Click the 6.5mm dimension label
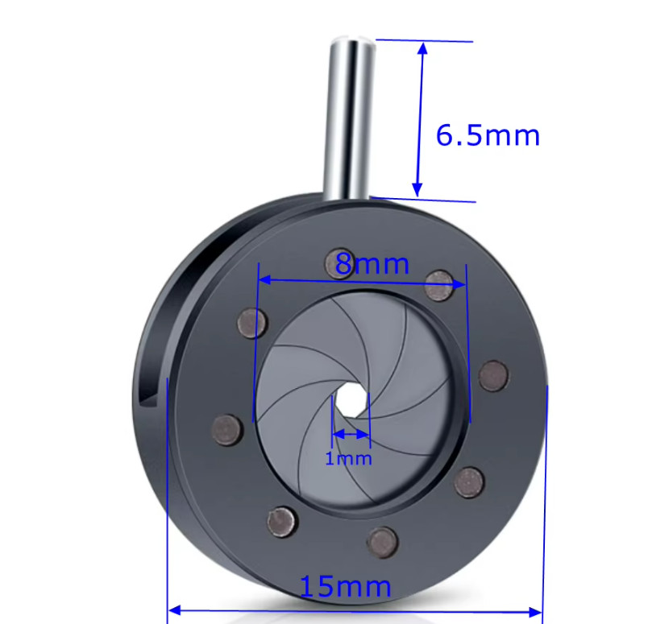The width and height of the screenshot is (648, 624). click(x=488, y=135)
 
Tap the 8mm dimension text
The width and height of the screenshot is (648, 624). click(x=372, y=263)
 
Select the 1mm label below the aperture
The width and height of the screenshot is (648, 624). click(x=348, y=459)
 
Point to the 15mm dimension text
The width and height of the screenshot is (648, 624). click(x=345, y=586)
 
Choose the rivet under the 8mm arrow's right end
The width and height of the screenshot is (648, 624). click(x=439, y=285)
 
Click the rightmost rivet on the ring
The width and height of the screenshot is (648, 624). click(x=492, y=375)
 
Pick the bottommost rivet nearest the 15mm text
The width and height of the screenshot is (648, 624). click(x=381, y=542)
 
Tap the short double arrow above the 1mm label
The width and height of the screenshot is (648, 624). click(x=351, y=434)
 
